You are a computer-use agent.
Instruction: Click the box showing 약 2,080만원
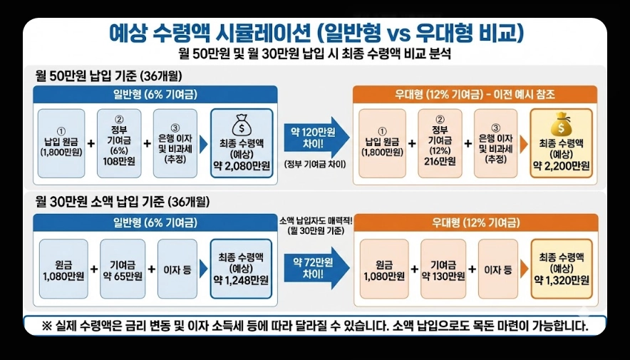(x=242, y=143)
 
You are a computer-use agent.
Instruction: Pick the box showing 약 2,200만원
(x=562, y=143)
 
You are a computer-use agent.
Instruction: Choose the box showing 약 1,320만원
(x=562, y=268)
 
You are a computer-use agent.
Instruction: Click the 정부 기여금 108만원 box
(x=119, y=143)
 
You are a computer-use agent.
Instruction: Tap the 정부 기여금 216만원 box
(x=440, y=143)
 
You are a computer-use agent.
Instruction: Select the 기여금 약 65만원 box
(x=123, y=269)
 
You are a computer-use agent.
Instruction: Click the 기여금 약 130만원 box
(x=443, y=269)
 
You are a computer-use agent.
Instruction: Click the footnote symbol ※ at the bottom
(x=48, y=326)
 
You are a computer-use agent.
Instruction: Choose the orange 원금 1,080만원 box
(x=384, y=269)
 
